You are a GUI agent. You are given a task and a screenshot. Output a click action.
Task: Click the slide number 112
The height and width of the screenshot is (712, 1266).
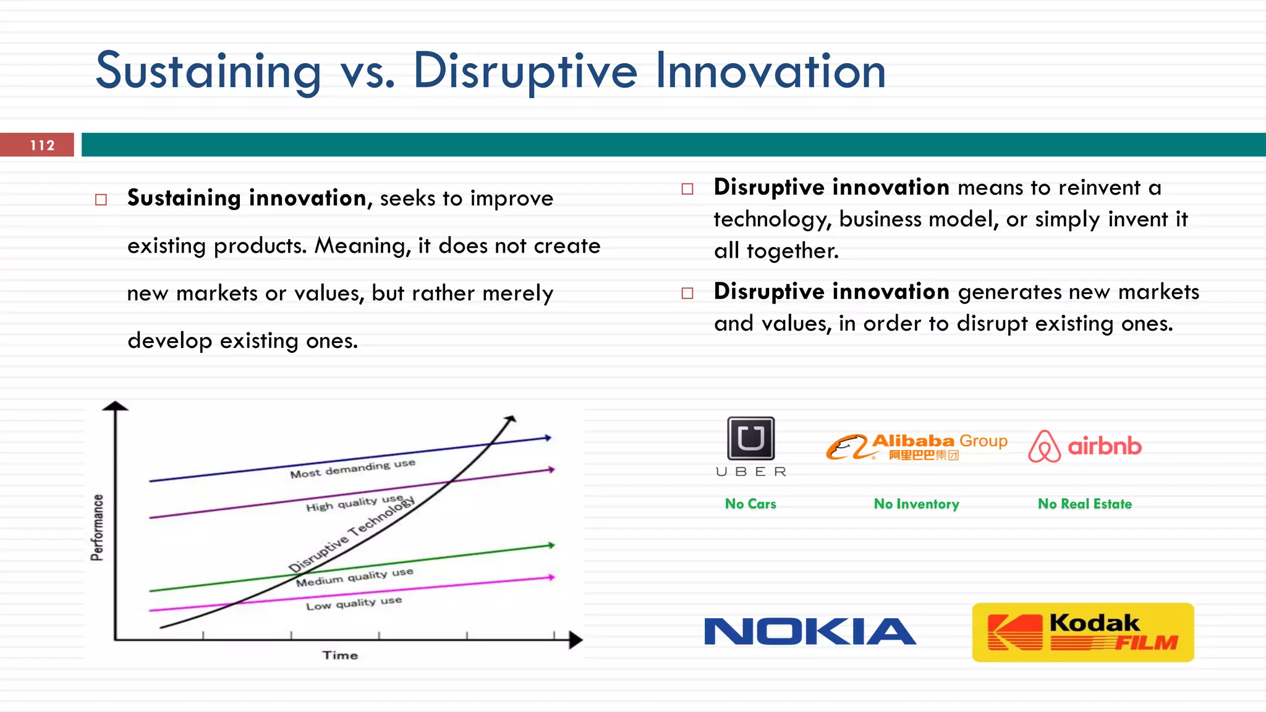42,145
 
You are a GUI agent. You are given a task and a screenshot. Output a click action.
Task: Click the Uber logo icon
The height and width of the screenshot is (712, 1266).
750,438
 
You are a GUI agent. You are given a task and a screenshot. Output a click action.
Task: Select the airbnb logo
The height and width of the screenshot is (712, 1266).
1085,446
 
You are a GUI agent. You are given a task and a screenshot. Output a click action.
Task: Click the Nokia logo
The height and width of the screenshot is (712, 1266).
810,632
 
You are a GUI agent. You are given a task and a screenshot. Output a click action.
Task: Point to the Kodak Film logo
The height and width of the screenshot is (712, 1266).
1083,632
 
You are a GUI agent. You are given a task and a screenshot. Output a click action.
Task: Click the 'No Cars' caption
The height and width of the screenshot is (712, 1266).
750,504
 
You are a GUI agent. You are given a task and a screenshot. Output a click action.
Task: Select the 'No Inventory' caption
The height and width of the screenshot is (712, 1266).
916,504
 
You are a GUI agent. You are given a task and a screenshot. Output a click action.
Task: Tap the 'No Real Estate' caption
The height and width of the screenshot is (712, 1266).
1085,504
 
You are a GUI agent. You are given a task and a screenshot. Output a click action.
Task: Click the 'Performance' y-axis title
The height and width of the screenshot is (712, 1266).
97,527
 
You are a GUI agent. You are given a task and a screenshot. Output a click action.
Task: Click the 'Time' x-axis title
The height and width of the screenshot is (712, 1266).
340,655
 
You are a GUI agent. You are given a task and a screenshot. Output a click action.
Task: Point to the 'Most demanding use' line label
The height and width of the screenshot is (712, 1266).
352,468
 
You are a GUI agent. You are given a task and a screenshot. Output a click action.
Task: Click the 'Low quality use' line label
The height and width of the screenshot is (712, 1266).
354,603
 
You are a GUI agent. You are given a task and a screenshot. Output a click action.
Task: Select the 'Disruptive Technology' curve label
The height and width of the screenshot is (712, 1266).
352,533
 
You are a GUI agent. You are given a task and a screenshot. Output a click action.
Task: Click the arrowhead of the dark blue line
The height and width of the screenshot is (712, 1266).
548,438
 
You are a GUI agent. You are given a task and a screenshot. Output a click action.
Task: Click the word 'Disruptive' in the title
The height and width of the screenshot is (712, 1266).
525,70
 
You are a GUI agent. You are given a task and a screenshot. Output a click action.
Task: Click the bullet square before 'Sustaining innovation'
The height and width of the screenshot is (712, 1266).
101,200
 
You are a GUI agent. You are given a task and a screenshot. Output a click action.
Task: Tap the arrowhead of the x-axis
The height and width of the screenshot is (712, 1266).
576,640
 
